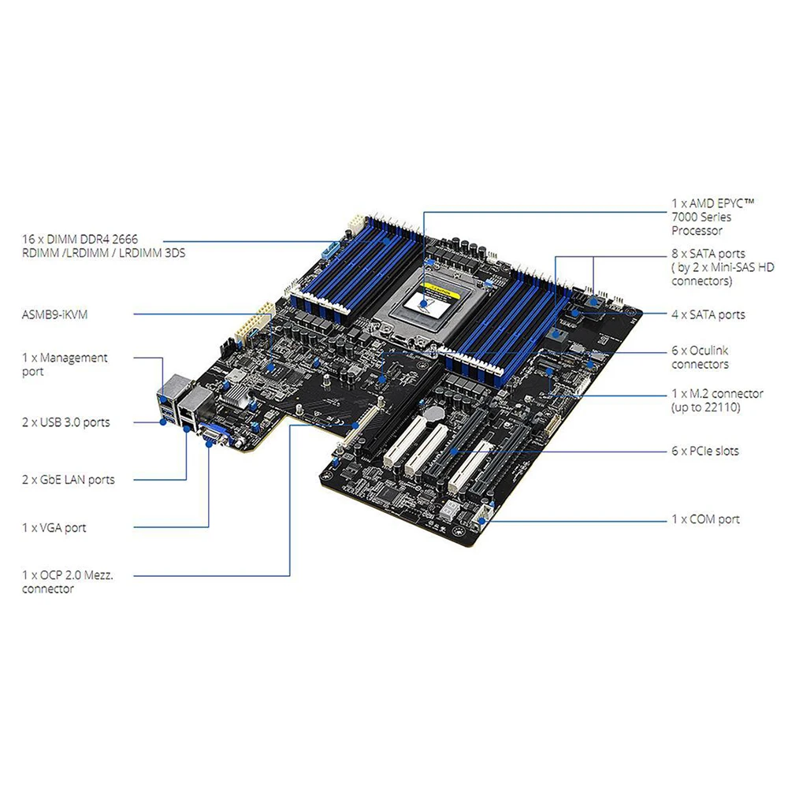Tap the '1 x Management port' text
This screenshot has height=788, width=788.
click(65, 364)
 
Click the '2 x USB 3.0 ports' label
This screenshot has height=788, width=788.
click(66, 422)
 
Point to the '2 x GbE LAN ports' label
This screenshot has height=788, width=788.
click(68, 479)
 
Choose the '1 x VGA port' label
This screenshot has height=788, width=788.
click(54, 527)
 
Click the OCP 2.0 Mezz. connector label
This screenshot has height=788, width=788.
click(68, 582)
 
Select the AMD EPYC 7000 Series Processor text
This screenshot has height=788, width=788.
click(712, 217)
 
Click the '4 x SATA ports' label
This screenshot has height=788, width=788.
click(708, 314)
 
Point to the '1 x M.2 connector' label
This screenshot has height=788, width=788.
click(717, 400)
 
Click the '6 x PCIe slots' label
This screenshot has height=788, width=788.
click(704, 451)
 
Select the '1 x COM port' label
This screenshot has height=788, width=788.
click(705, 519)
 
